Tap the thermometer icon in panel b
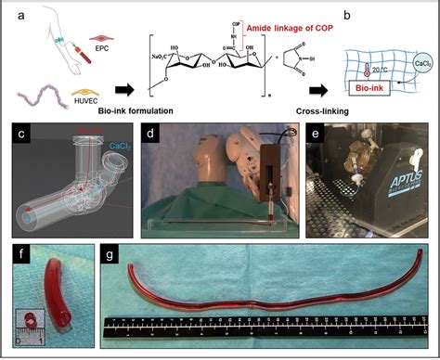(x=369, y=69)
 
